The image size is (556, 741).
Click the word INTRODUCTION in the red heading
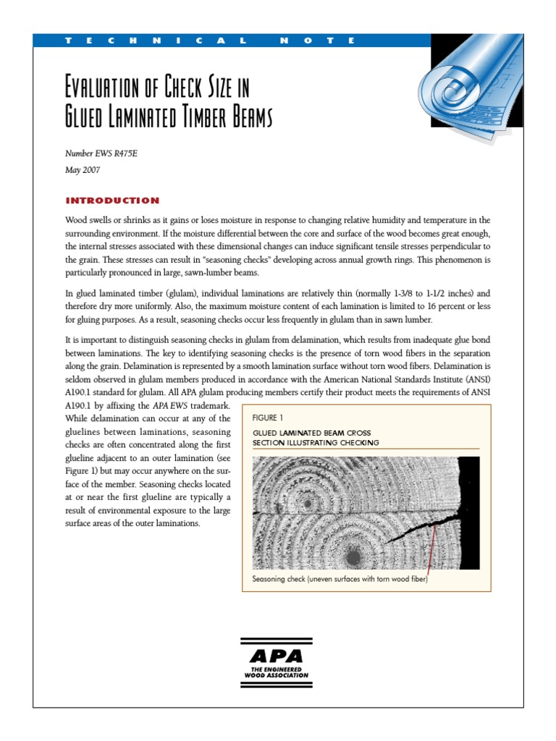(112, 200)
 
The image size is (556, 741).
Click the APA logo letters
(276, 657)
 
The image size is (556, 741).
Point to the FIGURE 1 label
(267, 418)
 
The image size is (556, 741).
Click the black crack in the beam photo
(420, 528)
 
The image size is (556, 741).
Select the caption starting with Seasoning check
(340, 579)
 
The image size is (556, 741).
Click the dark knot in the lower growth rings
(353, 556)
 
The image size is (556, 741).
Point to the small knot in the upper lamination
(308, 502)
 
